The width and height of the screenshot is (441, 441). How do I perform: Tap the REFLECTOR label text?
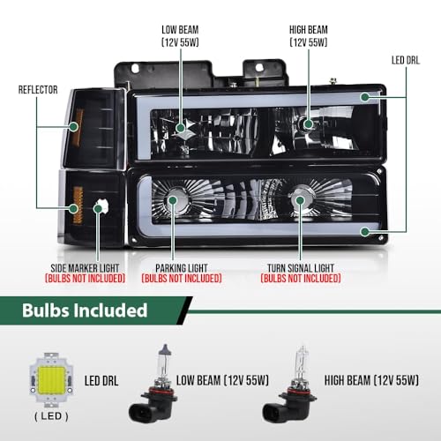click(x=38, y=90)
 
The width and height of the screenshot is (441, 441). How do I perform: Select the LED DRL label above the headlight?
click(x=406, y=60)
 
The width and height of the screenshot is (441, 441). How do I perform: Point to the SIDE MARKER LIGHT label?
click(x=85, y=268)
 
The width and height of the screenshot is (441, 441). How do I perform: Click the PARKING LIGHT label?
click(x=182, y=268)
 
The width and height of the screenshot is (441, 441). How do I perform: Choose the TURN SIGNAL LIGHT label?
click(x=301, y=268)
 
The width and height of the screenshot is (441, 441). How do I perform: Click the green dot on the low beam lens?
click(x=180, y=128)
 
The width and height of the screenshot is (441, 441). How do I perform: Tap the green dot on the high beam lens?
click(x=309, y=123)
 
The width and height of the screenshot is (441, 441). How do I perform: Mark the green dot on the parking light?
click(x=173, y=200)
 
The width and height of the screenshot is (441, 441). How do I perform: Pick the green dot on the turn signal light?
click(x=300, y=200)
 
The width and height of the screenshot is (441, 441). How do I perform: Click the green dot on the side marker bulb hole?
click(x=98, y=209)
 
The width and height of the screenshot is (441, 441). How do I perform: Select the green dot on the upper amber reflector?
click(x=73, y=127)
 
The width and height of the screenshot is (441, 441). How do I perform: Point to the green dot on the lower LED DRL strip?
click(x=365, y=232)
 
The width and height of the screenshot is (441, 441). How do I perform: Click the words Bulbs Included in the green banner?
click(x=85, y=310)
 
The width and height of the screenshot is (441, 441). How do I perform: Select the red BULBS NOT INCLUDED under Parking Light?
click(x=182, y=279)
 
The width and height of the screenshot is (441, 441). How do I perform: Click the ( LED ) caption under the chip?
click(x=51, y=416)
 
